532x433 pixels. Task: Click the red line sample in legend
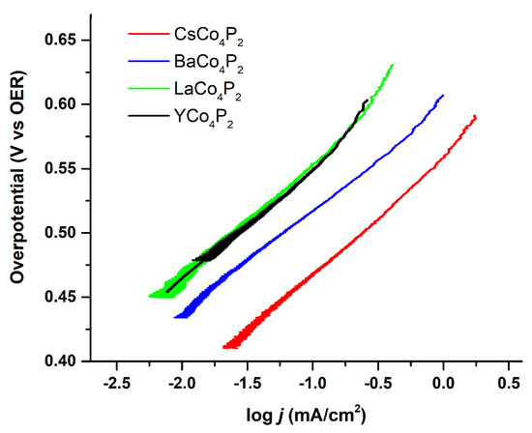click(x=148, y=36)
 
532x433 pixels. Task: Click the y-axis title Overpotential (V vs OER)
click(x=18, y=193)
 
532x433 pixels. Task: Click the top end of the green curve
click(x=392, y=65)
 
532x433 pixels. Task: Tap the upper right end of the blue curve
click(x=443, y=96)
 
